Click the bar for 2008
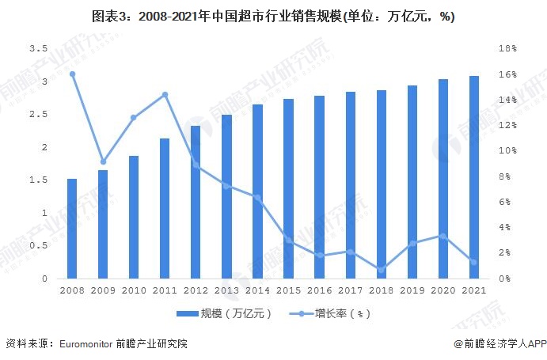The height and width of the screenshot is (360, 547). point(72,229)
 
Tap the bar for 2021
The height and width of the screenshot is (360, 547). point(473,177)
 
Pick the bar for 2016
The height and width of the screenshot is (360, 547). point(319,187)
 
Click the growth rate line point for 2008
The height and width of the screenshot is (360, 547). point(72,74)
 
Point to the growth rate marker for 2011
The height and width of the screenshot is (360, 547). point(165,95)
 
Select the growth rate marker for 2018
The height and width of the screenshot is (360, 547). point(381,270)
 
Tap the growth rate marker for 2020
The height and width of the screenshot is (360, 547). point(443,236)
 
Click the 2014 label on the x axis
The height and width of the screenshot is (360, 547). point(257,290)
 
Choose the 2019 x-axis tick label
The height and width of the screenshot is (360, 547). point(412,290)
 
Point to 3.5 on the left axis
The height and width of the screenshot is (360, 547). point(37,48)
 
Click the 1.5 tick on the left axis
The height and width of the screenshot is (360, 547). point(37,180)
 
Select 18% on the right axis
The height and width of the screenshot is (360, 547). point(507,48)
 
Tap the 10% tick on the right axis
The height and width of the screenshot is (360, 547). point(507,150)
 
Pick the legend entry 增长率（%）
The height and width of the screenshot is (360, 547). point(332,313)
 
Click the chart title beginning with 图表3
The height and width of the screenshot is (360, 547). point(273,17)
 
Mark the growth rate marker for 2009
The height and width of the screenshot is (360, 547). point(103,161)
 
